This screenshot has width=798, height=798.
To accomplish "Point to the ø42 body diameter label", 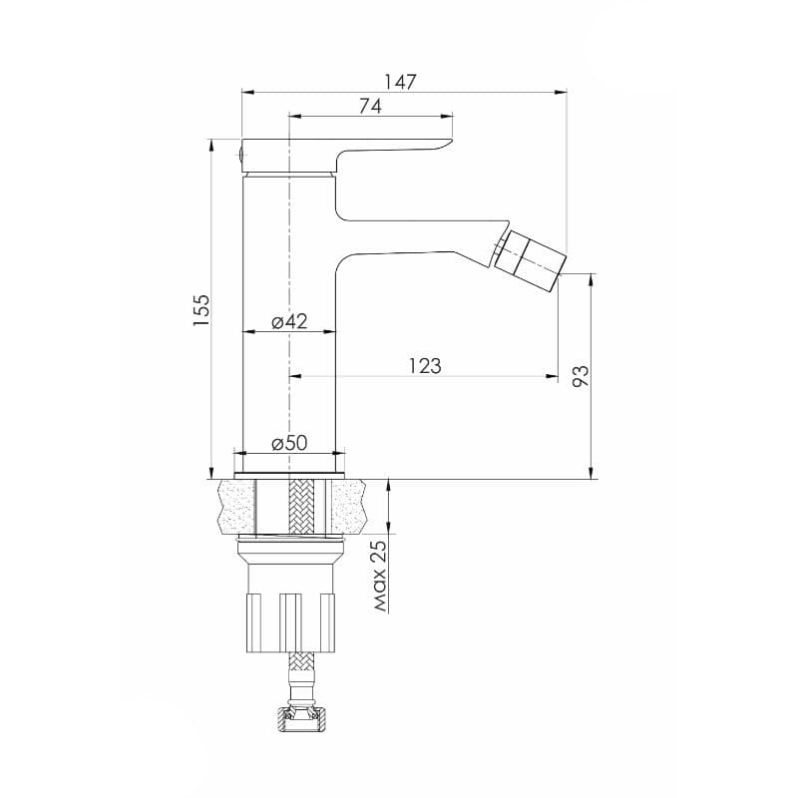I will pos(289,321).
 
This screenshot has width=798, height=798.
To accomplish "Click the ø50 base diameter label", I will pos(289,443).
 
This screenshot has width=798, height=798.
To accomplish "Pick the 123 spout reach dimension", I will pos(425,366).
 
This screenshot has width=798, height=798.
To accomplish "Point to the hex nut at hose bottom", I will pos(299,718).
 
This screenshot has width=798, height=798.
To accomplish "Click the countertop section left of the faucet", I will pos(234,506).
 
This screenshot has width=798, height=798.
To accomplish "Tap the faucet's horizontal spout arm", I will pos(419,237).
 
